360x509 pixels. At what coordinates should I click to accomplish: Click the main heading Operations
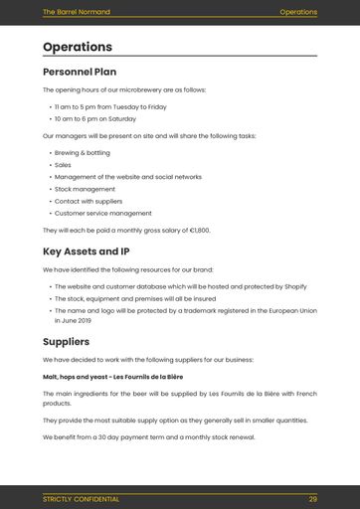(78, 47)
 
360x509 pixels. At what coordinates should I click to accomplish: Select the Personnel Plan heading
(80, 72)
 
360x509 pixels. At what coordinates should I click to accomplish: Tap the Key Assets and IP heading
(87, 252)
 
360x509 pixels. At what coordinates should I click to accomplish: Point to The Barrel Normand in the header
(77, 12)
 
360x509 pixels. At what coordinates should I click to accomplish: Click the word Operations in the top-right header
(298, 12)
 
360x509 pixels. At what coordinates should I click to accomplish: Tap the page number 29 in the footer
(312, 499)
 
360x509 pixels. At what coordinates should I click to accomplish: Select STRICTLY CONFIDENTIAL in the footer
(81, 499)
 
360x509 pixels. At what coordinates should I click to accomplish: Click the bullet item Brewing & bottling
(83, 153)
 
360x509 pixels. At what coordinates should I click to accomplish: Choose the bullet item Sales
(63, 165)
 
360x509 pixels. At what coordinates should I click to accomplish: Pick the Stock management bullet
(85, 189)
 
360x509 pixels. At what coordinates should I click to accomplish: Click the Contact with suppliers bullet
(89, 201)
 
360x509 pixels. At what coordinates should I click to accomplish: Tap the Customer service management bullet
(102, 213)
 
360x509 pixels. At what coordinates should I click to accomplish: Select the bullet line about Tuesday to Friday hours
(110, 106)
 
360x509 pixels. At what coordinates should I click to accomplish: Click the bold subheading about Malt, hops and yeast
(112, 377)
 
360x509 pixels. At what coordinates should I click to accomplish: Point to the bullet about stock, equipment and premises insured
(134, 297)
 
